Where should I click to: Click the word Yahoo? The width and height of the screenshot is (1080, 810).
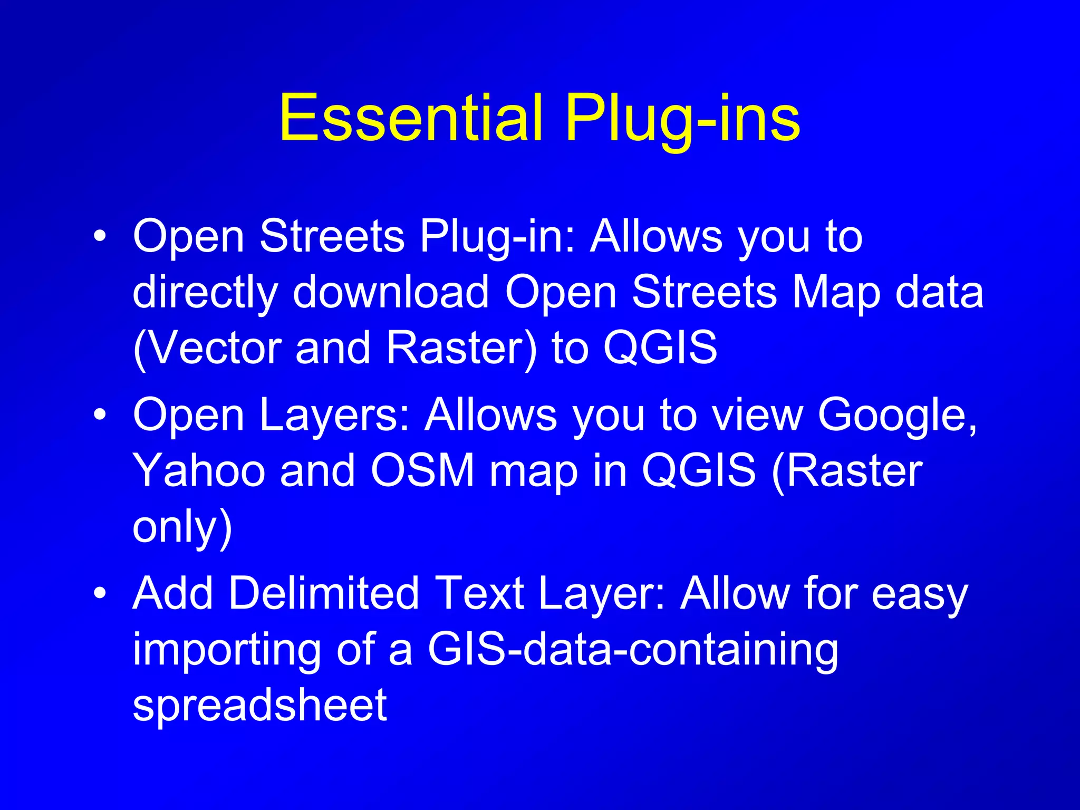tap(199, 470)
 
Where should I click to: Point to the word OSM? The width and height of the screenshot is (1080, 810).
tap(422, 470)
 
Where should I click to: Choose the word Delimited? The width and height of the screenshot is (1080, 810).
tap(324, 594)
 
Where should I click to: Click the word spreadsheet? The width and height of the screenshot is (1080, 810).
tap(260, 706)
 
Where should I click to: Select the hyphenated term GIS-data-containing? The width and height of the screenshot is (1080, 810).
tap(633, 650)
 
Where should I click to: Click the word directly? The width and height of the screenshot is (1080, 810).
tap(205, 293)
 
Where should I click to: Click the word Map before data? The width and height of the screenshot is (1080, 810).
tap(836, 293)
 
